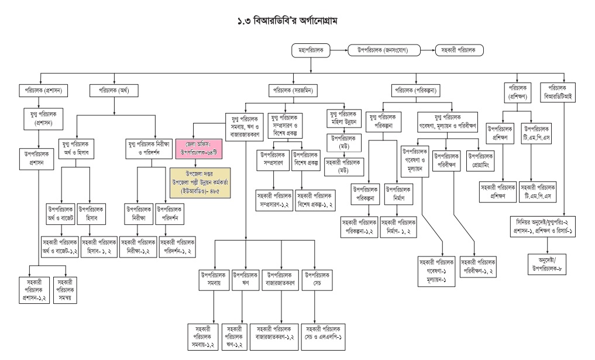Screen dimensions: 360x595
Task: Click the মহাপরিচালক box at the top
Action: click(x=310, y=50)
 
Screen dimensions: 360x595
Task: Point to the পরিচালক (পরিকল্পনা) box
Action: click(x=417, y=91)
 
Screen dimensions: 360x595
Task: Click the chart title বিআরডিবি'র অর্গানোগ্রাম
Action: click(x=297, y=20)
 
